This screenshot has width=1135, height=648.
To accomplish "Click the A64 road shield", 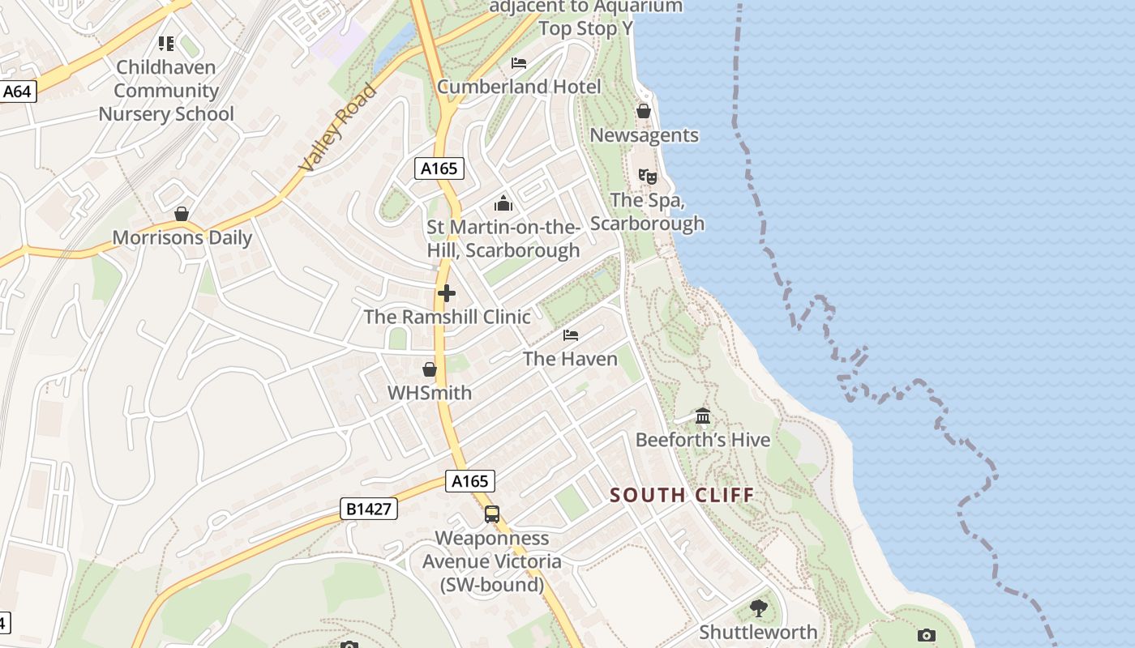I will (x=17, y=92).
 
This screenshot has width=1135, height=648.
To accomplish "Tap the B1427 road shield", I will (x=369, y=509).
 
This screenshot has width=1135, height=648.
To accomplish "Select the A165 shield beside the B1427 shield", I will (x=469, y=481).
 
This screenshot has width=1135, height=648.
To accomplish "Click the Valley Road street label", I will (x=337, y=127).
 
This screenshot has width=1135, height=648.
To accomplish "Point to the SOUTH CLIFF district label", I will (x=682, y=495).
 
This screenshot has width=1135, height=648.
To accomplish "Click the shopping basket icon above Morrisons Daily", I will (x=182, y=214).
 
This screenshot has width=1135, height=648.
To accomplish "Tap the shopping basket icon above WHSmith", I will (x=430, y=369).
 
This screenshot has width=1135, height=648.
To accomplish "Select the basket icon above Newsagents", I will (x=644, y=111).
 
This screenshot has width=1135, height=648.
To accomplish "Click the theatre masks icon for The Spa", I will (x=647, y=176).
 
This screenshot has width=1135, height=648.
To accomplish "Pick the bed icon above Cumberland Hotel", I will (x=519, y=63).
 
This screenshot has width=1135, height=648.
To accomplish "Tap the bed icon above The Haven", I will (x=571, y=335).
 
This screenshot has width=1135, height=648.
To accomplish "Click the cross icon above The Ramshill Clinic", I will (x=446, y=293).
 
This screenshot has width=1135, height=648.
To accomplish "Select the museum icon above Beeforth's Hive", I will (x=703, y=416).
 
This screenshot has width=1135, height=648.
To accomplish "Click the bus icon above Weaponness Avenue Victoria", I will (x=491, y=514).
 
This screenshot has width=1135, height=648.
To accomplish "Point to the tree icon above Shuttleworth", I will (x=758, y=608).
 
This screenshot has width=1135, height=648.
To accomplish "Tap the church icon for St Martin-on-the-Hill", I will (x=503, y=203).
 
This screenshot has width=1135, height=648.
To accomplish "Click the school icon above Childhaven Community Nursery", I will (x=166, y=44).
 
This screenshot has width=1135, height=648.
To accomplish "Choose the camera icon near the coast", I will (x=927, y=636).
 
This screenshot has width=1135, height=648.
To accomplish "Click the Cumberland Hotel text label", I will (x=519, y=87).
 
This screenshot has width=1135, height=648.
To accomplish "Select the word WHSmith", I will (x=429, y=393).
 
